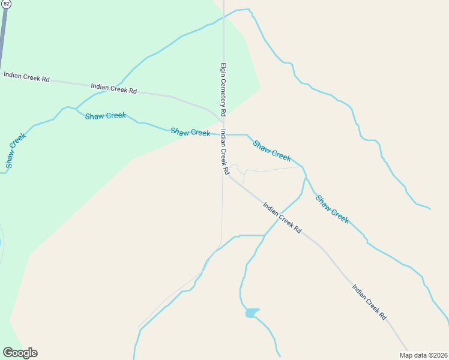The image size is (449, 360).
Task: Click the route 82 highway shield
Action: pos(5,3)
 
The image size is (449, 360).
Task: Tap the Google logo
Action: pos(20,353)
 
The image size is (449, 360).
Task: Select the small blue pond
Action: pos(252,313)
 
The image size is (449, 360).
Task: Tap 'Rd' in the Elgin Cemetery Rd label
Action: pos(223,112)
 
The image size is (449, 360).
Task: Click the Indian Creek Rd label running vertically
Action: pos(224,152)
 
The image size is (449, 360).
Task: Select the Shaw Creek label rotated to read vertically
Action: pos(16,151)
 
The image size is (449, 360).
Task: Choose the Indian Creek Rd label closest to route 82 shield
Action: pos(26,77)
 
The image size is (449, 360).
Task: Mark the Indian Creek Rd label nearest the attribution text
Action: pos(369,302)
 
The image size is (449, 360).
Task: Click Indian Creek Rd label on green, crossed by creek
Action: pos(114,89)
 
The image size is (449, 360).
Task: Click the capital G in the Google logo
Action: pos(8,353)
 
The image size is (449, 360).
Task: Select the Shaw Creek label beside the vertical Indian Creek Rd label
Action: pos(190,132)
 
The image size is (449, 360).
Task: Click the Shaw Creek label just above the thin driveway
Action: pos(272,151)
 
